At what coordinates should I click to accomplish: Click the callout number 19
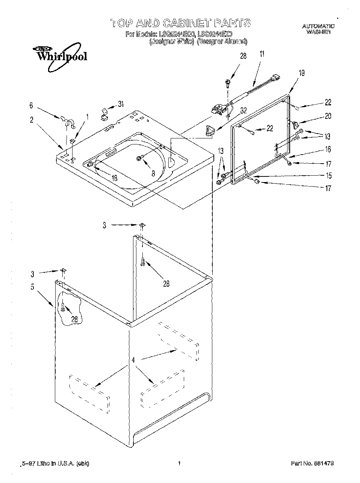[301, 73]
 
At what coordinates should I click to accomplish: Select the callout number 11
[262, 54]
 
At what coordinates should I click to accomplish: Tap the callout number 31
[121, 104]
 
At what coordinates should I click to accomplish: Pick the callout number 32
[243, 111]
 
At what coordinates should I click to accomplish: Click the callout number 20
[328, 116]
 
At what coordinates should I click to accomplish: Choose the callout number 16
[328, 149]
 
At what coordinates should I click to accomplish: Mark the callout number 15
[328, 175]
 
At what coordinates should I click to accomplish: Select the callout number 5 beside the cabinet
[33, 287]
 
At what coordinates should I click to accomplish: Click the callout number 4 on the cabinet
[133, 360]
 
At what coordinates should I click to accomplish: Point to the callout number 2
[32, 120]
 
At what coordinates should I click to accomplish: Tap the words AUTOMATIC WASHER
[318, 29]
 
